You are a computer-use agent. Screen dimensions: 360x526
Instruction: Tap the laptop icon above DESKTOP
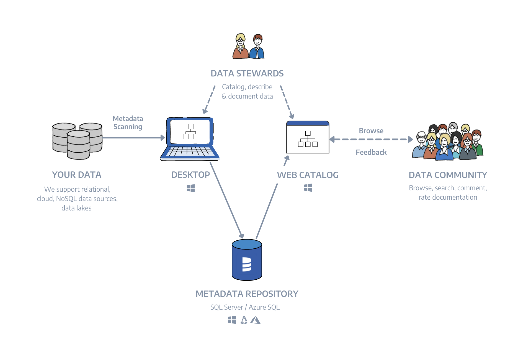click(x=190, y=138)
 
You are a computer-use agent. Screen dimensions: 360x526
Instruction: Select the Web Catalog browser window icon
click(x=308, y=137)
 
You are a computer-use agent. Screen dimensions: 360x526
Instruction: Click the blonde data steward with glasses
click(x=240, y=47)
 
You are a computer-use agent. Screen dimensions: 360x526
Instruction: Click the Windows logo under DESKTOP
click(x=191, y=188)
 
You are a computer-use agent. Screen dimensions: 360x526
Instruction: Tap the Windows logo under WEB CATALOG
click(x=308, y=188)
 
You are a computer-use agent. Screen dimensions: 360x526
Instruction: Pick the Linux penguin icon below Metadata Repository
click(x=244, y=320)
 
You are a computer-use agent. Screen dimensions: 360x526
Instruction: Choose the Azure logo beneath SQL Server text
click(x=255, y=320)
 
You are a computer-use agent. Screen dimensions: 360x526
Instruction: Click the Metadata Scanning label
click(x=128, y=123)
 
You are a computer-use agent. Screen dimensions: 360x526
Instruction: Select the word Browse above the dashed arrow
click(x=371, y=131)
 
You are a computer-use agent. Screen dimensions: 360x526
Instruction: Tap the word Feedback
click(x=371, y=152)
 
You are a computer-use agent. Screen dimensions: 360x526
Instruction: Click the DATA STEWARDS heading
click(x=247, y=73)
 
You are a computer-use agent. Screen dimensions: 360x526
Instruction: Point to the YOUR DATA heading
click(x=77, y=175)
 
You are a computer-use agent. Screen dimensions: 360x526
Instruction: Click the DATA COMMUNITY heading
click(x=448, y=175)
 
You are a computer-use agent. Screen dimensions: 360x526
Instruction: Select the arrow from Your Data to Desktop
click(x=133, y=138)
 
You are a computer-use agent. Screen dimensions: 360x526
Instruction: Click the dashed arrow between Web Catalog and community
click(x=371, y=139)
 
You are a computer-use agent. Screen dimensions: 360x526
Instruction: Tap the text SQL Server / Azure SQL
click(x=245, y=307)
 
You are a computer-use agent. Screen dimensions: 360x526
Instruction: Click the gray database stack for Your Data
click(x=78, y=141)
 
